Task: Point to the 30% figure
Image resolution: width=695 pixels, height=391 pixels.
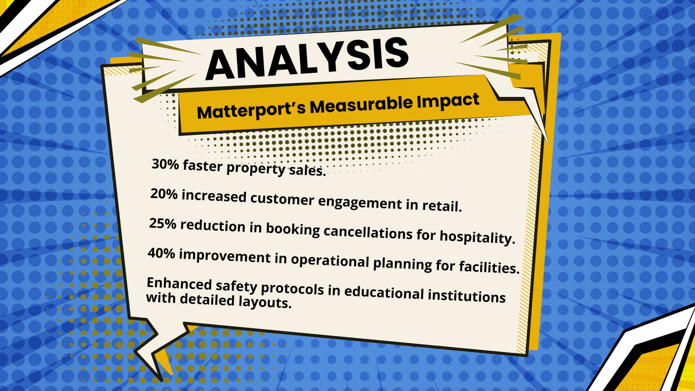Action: [165, 164]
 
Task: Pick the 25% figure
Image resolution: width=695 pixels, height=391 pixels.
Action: [163, 224]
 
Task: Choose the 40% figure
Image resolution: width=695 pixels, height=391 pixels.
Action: [161, 253]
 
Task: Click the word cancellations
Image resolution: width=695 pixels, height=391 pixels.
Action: [368, 232]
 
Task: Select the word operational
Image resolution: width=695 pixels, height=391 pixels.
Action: [330, 261]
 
